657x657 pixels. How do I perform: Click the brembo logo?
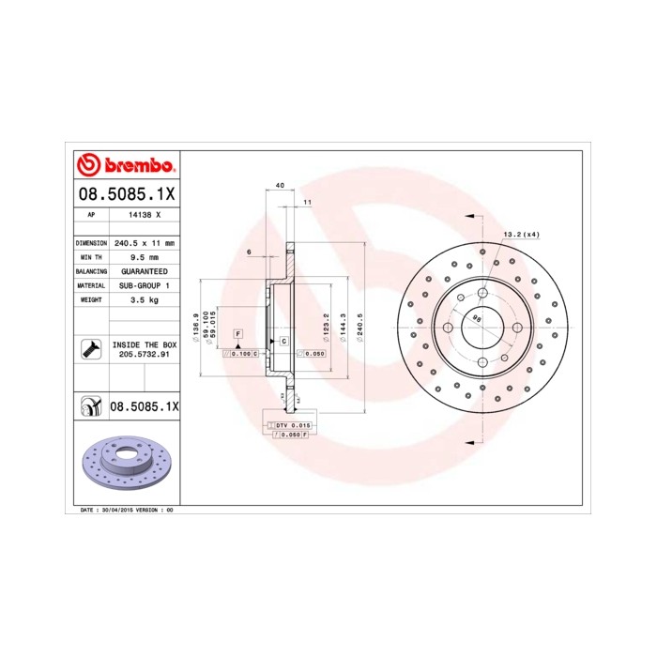125,165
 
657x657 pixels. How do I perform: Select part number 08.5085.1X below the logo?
125,194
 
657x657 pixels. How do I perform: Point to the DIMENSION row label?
90,242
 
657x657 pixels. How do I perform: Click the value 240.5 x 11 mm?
144,242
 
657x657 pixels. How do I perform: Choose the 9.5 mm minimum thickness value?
144,256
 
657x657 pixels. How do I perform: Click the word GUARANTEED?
144,270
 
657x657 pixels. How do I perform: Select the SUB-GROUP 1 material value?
144,284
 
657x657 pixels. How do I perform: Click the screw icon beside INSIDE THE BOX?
90,349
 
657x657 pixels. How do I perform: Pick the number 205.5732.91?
144,354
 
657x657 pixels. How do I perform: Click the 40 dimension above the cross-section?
281,187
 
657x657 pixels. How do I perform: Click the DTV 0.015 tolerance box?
293,426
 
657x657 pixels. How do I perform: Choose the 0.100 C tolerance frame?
240,354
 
